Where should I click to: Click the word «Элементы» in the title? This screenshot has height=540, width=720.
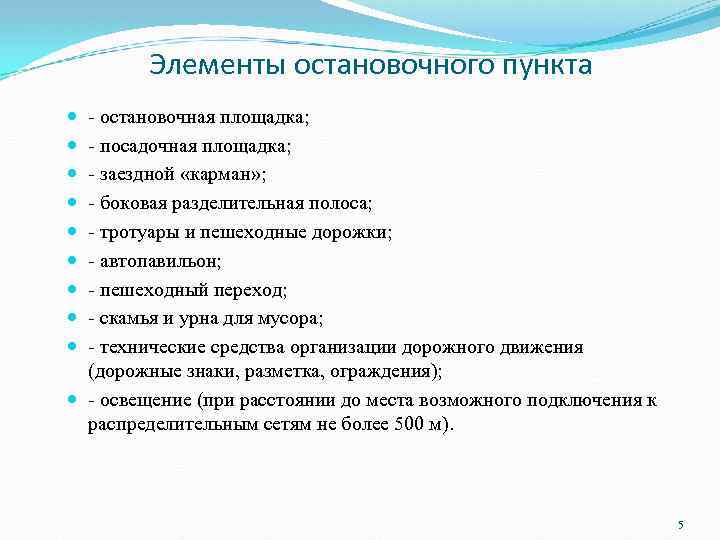pyautogui.click(x=201, y=66)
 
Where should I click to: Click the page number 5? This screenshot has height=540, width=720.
pyautogui.click(x=680, y=525)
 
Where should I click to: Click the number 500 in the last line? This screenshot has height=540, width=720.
pyautogui.click(x=404, y=423)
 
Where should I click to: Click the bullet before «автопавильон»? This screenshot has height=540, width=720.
pyautogui.click(x=77, y=262)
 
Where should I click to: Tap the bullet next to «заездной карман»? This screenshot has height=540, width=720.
pyautogui.click(x=77, y=175)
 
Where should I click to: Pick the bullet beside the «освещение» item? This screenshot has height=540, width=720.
pyautogui.click(x=77, y=401)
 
